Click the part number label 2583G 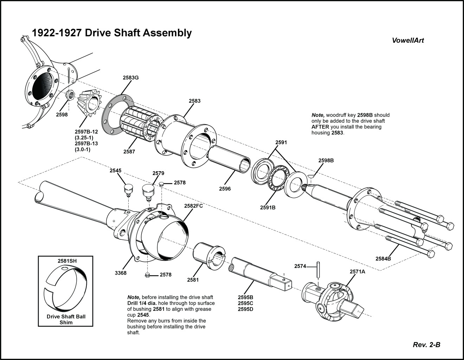130,78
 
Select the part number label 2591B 268,207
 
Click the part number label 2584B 383,259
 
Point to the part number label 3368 121,273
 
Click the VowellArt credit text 408,40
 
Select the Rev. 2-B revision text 426,345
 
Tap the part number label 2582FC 193,206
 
